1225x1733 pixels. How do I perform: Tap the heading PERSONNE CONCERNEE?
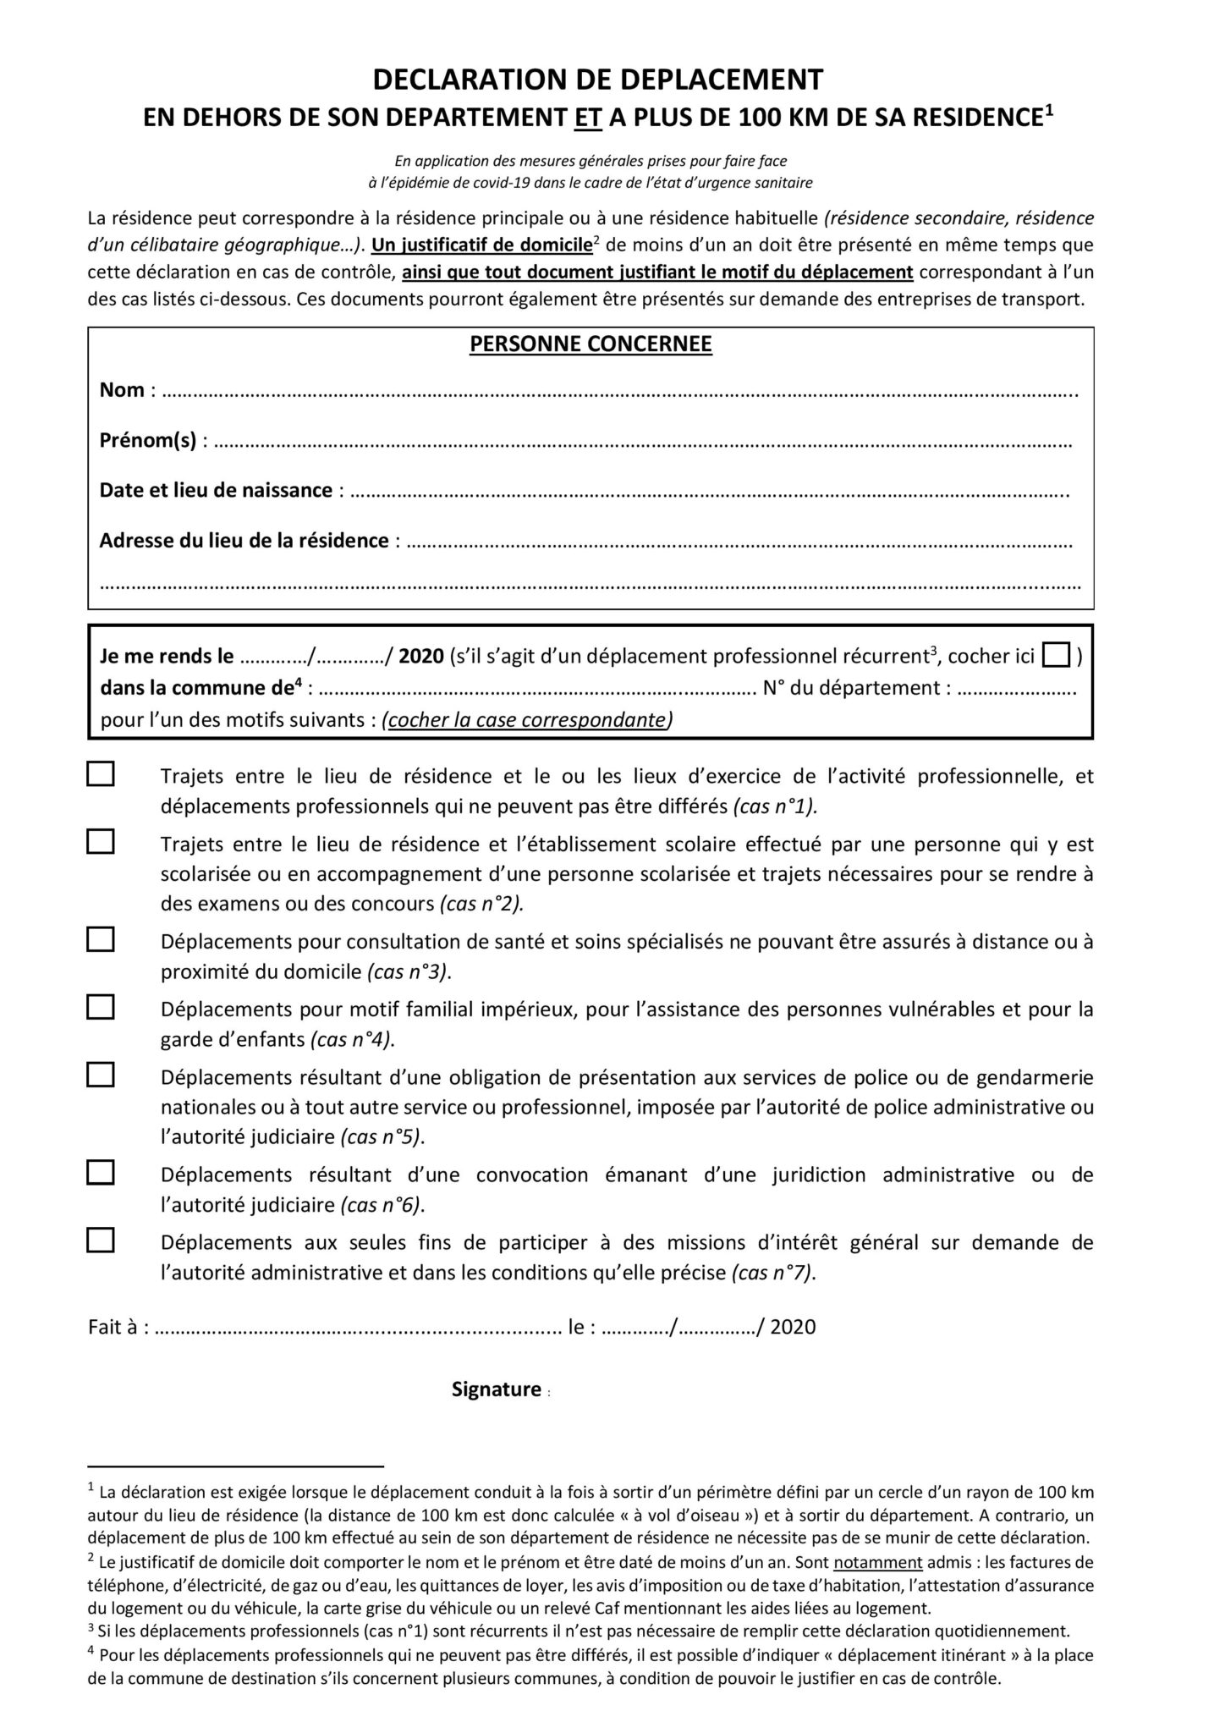pos(591,344)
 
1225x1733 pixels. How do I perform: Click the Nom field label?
pos(122,390)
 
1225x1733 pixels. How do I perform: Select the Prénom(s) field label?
pos(148,440)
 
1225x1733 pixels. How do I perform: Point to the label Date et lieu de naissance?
pos(216,491)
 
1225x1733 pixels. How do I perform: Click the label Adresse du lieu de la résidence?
pos(244,541)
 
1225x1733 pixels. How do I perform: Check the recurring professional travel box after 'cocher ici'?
pos(1056,656)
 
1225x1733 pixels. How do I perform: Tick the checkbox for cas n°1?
pos(101,774)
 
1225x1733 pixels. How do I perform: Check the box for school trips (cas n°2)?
pos(101,842)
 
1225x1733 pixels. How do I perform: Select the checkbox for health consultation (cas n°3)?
pos(101,939)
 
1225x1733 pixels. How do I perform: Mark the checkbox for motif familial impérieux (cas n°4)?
pos(101,1007)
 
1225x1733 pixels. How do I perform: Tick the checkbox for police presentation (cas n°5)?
pos(101,1075)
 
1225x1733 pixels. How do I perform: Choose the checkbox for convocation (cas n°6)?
pos(101,1172)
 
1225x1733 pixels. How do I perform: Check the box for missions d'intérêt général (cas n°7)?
pos(101,1240)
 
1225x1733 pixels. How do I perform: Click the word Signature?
pos(497,1389)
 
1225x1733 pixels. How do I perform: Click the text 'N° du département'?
pos(851,688)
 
